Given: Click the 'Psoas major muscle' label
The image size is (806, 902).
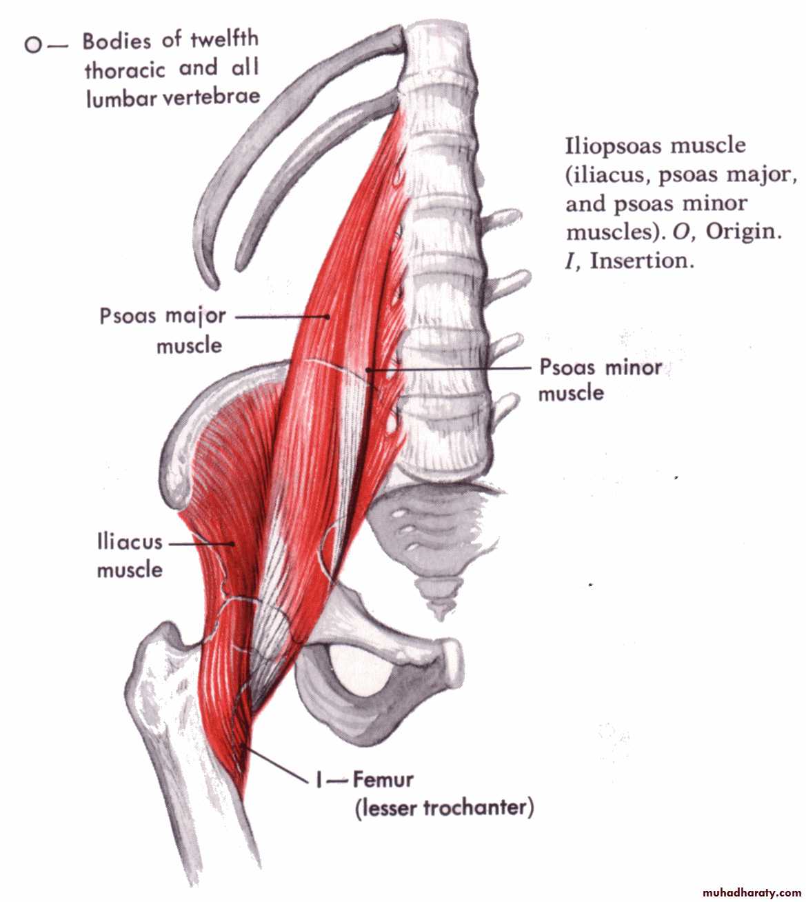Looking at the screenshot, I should [x=163, y=330].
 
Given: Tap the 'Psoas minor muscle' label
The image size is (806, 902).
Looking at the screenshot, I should [x=599, y=379].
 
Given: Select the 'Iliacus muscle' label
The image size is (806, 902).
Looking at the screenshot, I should [x=130, y=556].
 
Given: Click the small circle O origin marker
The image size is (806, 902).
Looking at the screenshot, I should [x=32, y=46].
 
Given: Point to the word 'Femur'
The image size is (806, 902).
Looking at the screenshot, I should [x=383, y=780].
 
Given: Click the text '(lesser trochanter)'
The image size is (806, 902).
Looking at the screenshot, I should [x=445, y=808].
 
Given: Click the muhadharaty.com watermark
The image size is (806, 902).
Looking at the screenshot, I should [x=743, y=892].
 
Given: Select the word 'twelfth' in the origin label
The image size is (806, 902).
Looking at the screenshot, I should [x=224, y=39].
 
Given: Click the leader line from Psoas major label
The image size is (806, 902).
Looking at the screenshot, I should [x=281, y=317].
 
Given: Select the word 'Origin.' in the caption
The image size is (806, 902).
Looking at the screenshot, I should [x=743, y=232].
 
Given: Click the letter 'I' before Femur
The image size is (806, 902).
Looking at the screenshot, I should [x=319, y=781].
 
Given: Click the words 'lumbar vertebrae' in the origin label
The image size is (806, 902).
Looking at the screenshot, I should [x=173, y=97].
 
